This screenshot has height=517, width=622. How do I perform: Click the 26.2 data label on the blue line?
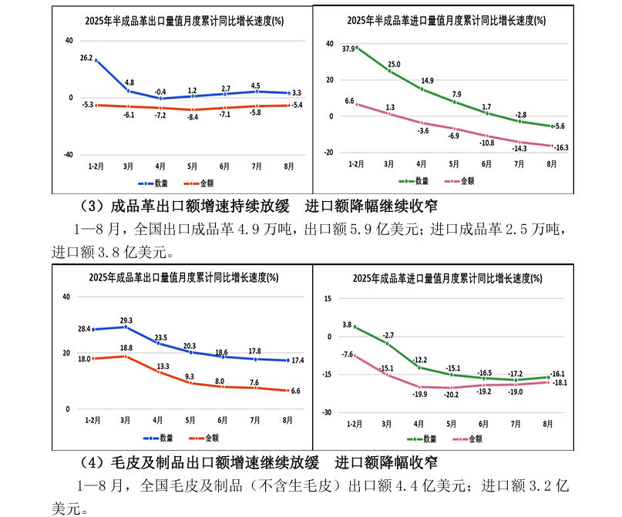pyautogui.click(x=86, y=58)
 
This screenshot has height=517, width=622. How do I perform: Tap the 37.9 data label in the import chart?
pyautogui.click(x=348, y=49)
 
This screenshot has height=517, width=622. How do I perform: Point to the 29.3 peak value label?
pyautogui.click(x=126, y=320)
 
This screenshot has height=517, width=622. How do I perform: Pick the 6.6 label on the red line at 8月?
pyautogui.click(x=296, y=391)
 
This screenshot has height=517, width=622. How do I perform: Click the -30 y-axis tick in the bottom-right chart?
pyautogui.click(x=327, y=412)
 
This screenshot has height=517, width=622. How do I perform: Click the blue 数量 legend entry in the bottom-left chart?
pyautogui.click(x=159, y=438)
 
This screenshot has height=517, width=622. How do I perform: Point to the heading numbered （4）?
pyautogui.click(x=258, y=462)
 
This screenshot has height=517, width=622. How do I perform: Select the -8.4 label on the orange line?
pyautogui.click(x=192, y=117)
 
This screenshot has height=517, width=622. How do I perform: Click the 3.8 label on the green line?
pyautogui.click(x=347, y=324)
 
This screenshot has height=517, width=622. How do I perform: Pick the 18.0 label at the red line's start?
pyautogui.click(x=85, y=358)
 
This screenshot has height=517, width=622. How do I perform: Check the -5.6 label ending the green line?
pyautogui.click(x=560, y=126)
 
